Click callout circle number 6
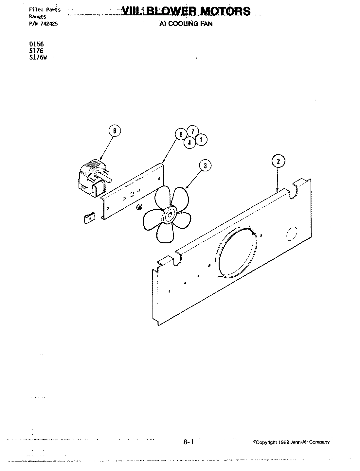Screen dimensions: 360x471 [x=114, y=131]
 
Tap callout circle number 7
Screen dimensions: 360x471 [x=192, y=131]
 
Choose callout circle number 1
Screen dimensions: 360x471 [x=201, y=140]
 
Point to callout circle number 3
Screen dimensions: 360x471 [x=205, y=166]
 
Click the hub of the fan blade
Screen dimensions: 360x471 [x=171, y=215]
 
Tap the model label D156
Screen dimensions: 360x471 [x=36, y=44]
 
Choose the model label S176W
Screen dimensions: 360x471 [x=39, y=57]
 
